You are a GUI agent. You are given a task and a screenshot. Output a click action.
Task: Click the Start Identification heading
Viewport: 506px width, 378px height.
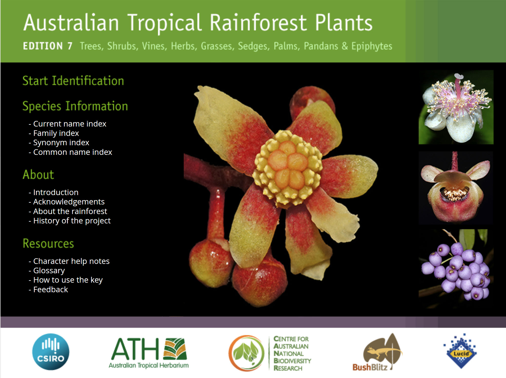click(73, 81)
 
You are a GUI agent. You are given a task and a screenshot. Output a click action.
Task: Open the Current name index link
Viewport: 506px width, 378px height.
click(70, 124)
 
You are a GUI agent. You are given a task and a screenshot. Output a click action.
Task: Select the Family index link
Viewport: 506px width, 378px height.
click(56, 133)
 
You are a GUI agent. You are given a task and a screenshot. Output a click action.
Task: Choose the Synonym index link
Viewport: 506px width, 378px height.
click(61, 143)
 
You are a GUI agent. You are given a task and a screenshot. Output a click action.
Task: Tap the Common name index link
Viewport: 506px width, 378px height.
click(72, 152)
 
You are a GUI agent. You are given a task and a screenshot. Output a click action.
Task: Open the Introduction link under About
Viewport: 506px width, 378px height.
click(56, 192)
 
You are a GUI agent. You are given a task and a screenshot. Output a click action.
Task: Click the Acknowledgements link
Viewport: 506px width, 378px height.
click(69, 202)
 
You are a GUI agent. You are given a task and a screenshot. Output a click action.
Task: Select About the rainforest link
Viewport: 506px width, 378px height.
click(70, 211)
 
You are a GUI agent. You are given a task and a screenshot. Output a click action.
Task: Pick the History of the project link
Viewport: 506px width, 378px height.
click(72, 221)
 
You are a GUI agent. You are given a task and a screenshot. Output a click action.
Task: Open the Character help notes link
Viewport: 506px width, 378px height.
click(71, 261)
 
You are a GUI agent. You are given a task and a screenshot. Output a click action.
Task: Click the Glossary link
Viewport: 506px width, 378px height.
click(49, 271)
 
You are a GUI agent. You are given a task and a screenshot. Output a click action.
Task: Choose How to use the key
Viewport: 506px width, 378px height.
click(68, 280)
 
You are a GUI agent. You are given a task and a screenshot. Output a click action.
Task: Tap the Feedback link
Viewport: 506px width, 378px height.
click(50, 289)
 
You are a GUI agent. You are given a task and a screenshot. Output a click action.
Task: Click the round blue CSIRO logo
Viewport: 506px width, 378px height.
click(51, 352)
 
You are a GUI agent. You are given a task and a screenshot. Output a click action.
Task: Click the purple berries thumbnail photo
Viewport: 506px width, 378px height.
click(456, 269)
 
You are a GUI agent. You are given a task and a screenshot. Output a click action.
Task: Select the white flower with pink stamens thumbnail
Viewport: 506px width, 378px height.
click(456, 107)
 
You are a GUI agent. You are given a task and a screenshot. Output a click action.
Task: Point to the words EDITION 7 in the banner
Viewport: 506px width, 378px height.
click(48, 46)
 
